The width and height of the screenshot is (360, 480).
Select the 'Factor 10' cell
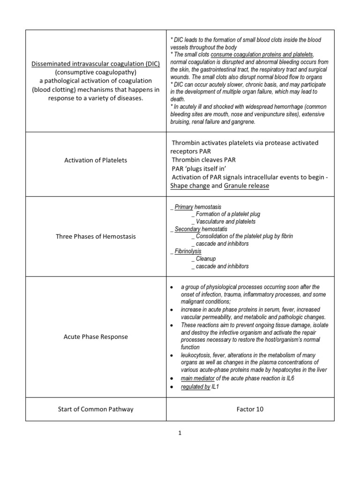250,409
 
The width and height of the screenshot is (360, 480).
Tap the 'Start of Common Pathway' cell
96,409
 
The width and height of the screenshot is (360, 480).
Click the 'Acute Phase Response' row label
96,337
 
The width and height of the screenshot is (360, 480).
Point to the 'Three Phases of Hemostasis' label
96,236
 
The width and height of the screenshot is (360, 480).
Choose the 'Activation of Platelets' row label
96,160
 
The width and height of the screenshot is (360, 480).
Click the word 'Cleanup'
206,259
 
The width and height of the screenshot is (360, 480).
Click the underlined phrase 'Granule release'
246,186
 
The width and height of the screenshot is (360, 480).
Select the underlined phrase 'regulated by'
195,387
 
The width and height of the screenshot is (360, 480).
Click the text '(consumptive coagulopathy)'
96,73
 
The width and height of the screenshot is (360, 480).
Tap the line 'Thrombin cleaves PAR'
203,160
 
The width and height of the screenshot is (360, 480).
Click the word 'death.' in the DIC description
178,99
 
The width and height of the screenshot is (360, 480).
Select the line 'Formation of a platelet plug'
228,214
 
